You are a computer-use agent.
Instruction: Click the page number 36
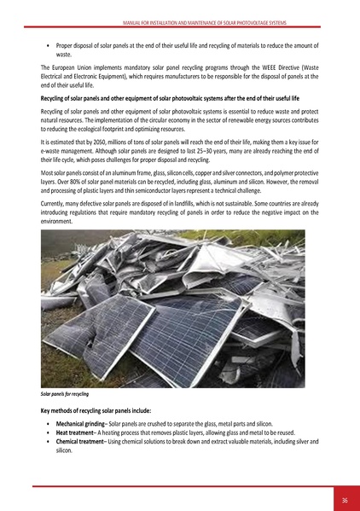coord(344,500)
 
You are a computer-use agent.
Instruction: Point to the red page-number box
coord(344,499)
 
